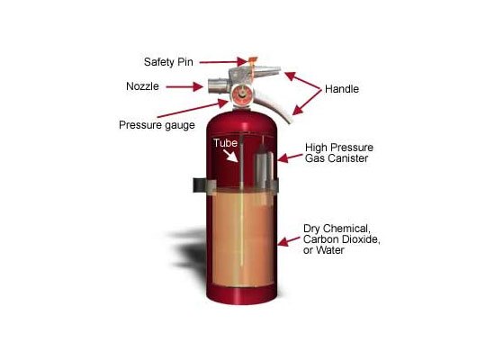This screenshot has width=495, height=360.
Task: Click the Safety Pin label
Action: [x=168, y=62]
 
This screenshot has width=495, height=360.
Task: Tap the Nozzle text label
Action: [x=142, y=86]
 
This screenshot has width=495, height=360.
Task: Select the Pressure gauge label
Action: [x=157, y=125]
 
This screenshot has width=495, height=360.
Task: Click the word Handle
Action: [x=342, y=89]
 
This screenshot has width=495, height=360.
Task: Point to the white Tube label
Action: [x=225, y=143]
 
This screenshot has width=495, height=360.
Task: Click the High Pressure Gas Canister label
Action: [x=339, y=153]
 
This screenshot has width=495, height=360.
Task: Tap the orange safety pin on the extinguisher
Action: [x=252, y=67]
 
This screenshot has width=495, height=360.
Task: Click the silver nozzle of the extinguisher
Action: [x=218, y=85]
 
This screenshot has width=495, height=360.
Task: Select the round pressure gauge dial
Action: [x=242, y=94]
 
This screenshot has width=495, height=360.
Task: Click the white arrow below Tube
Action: [x=230, y=156]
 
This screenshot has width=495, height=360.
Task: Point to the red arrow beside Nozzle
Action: [x=184, y=86]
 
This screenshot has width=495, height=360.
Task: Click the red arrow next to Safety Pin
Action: [x=223, y=62]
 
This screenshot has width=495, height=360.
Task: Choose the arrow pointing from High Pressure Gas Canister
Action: [x=290, y=157]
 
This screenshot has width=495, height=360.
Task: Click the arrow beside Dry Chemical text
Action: [x=289, y=241]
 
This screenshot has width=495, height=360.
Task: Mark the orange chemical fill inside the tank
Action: [x=242, y=237]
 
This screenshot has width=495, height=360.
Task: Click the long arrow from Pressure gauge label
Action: [x=193, y=108]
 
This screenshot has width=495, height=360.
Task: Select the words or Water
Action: [x=324, y=250]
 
